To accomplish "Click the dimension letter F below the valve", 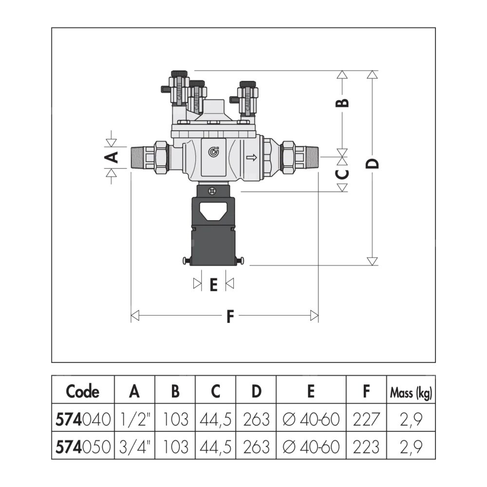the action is (x=230, y=316).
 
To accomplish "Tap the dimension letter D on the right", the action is (x=372, y=163).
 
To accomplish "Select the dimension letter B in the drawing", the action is (x=342, y=103).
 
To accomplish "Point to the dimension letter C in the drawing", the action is (x=342, y=174).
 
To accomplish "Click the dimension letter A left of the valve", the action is (x=111, y=157).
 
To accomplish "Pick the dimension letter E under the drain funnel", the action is (x=213, y=285).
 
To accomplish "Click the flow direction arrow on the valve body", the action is (x=252, y=157).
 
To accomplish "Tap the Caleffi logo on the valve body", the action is (x=213, y=152).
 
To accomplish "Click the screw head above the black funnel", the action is (x=212, y=191).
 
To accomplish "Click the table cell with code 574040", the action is (x=83, y=419).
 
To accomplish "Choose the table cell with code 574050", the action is (x=83, y=446).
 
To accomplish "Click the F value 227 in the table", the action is (x=366, y=419).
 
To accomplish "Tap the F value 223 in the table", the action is (x=366, y=447).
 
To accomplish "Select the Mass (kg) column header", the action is (x=411, y=393).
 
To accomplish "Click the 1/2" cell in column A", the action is (x=134, y=419).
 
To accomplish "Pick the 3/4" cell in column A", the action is (x=134, y=447).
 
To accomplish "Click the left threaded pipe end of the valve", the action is (x=138, y=157).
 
